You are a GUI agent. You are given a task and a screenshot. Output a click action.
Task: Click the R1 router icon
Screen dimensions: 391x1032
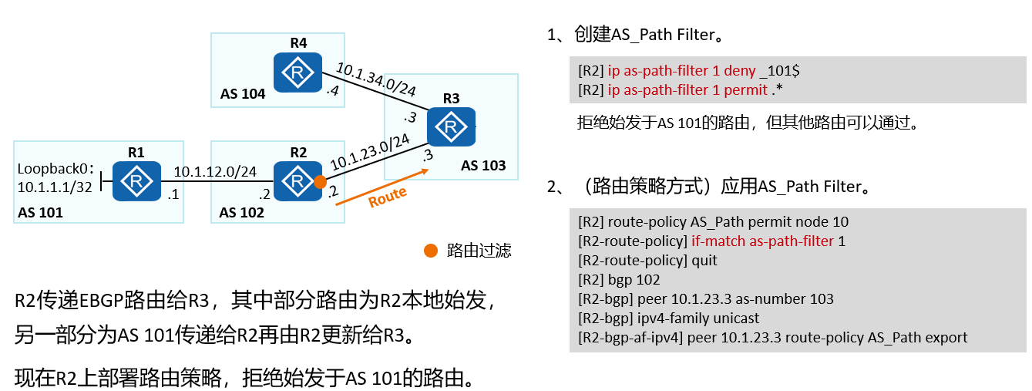[136, 181]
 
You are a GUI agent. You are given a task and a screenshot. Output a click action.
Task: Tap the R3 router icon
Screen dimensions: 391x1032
[451, 126]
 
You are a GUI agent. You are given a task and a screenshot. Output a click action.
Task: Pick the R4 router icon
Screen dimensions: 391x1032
[297, 73]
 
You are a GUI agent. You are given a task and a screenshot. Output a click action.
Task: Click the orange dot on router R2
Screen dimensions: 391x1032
[320, 182]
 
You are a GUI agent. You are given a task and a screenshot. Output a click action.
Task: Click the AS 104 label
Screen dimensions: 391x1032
[243, 94]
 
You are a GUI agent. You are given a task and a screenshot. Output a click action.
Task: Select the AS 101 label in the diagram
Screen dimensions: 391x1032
[39, 212]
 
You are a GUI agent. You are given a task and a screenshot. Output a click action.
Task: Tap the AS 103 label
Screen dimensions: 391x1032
[483, 166]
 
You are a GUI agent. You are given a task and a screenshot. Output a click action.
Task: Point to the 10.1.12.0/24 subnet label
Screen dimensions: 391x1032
[215, 172]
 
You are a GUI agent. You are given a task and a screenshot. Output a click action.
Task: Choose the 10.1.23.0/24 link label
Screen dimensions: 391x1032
[369, 152]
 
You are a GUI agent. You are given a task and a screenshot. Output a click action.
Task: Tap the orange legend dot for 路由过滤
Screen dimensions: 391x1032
[430, 251]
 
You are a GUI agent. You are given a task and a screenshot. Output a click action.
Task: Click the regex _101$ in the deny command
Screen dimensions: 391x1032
[779, 71]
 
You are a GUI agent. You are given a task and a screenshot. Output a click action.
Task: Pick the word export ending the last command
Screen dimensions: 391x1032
[946, 338]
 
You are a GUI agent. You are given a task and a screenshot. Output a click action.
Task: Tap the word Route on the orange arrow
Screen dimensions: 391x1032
[387, 197]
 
